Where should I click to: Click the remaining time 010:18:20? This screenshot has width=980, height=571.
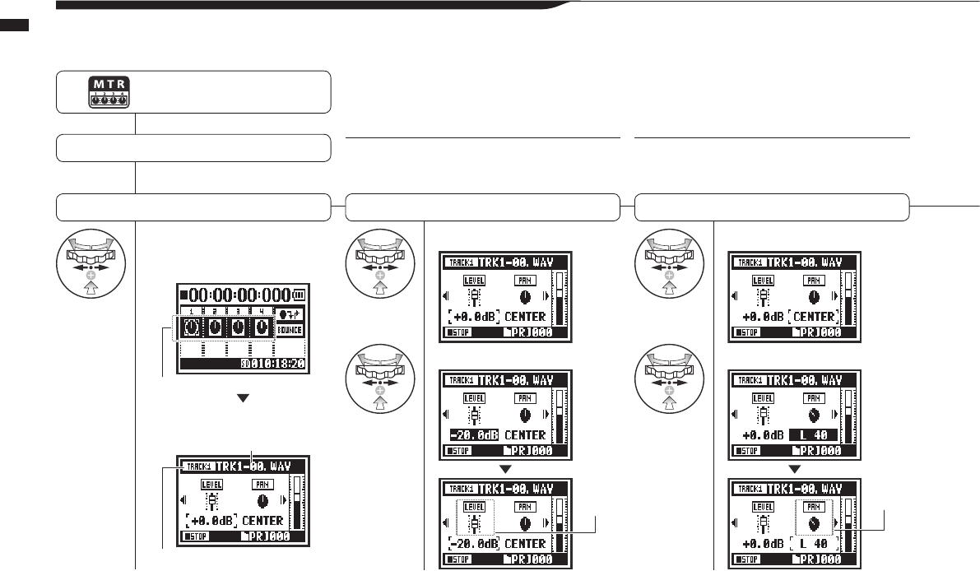[x=276, y=364]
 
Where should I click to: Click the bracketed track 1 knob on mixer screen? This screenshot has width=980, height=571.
[x=190, y=327]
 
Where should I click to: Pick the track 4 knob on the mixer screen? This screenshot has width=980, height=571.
[x=262, y=327]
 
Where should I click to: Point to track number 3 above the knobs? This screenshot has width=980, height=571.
[x=238, y=312]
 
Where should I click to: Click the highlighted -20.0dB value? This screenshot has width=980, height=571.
[x=473, y=434]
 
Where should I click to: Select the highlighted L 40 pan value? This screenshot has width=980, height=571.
[x=812, y=434]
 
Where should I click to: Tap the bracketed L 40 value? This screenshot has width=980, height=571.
[x=812, y=543]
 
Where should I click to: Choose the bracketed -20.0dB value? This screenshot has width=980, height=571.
[x=473, y=543]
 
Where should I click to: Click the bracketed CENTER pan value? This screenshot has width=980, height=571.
[x=812, y=316]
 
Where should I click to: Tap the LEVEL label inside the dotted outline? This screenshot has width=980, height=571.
[x=475, y=507]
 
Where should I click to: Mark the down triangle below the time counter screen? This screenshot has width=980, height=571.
[x=242, y=397]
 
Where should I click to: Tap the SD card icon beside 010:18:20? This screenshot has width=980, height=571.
[x=244, y=364]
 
